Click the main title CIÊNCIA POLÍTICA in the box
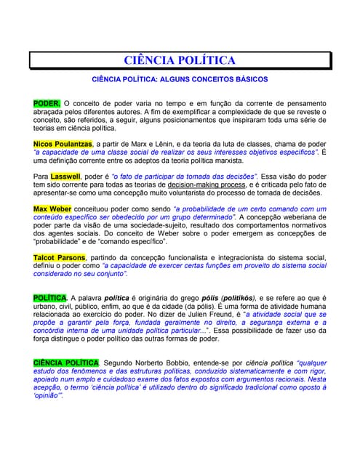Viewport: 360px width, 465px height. coord(180,60)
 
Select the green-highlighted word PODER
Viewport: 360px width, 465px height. coord(47,104)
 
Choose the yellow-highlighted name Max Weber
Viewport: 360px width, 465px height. coord(52,209)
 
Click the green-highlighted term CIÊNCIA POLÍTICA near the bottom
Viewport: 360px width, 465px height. coord(66,362)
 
